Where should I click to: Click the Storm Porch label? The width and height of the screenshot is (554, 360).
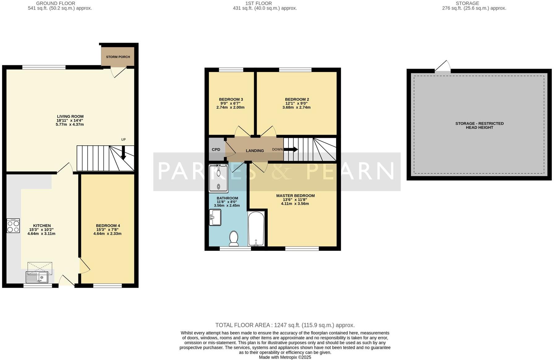pos(118,57)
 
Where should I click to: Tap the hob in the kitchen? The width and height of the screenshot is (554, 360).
pos(13,226)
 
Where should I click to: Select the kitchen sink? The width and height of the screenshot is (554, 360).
pos(37,277)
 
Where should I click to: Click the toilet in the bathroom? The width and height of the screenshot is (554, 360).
pos(234,238)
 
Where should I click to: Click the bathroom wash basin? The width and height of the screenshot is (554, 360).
pos(215,217)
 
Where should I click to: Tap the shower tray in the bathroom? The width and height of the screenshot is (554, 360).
pos(218,179)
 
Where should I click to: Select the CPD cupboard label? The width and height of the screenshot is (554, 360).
pos(216,149)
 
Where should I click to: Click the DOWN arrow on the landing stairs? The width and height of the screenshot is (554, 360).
pos(291,149)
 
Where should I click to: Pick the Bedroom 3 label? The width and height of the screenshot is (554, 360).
pos(231,99)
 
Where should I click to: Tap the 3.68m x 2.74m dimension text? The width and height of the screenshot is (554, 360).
pos(296,108)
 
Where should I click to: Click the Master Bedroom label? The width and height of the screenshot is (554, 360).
pos(295,195)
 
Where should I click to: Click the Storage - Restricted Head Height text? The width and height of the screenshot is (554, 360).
pos(479,125)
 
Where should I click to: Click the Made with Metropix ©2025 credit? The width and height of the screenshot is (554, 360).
pos(285,357)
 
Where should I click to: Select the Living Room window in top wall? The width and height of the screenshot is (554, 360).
pos(44,67)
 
